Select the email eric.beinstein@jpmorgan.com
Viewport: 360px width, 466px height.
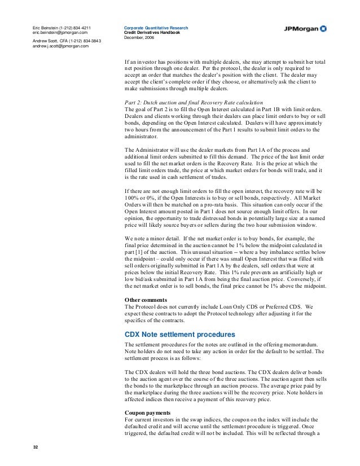(59, 33)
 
